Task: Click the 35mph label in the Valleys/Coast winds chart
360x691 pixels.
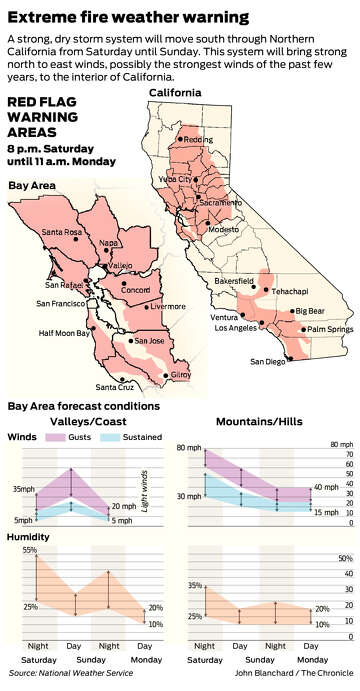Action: [23, 489]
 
